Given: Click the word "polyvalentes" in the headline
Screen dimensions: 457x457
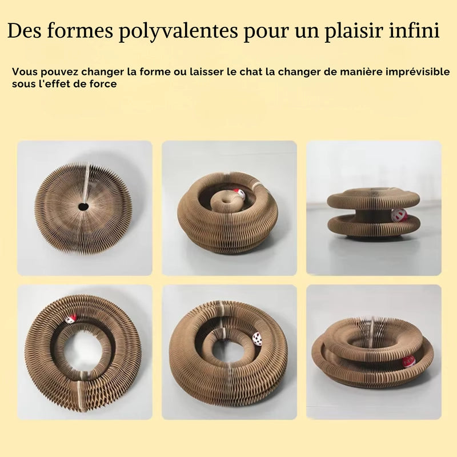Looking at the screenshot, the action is (x=178, y=31).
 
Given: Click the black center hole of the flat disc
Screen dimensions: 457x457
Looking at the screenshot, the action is (x=83, y=207).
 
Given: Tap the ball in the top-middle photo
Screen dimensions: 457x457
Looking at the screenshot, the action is (x=239, y=194).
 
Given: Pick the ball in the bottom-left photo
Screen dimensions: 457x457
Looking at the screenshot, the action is (x=70, y=319).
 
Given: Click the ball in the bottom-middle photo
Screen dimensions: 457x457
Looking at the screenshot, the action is (x=258, y=339).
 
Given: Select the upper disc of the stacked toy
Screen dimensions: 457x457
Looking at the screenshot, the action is (x=373, y=198).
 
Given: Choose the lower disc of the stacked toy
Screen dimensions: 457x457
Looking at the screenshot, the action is (x=373, y=226).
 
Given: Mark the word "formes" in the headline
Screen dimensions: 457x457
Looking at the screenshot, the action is (x=79, y=30).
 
